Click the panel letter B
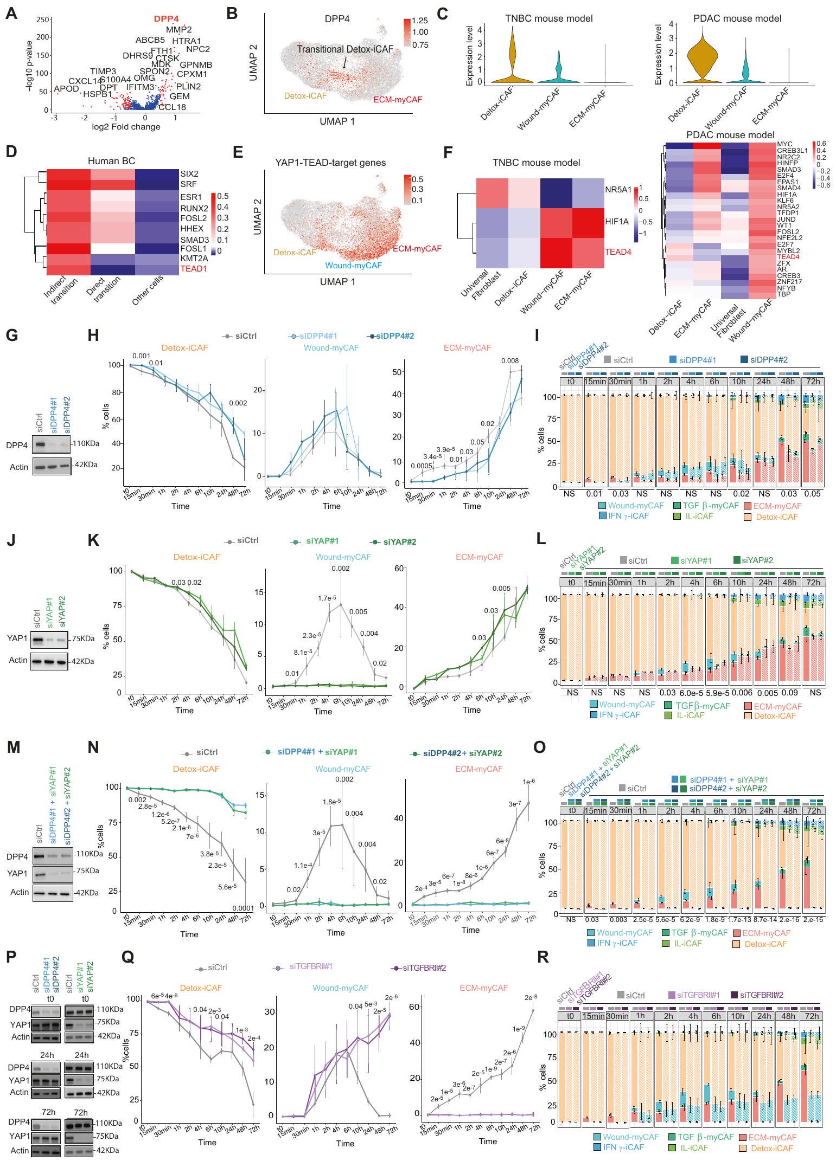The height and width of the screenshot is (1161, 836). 232,14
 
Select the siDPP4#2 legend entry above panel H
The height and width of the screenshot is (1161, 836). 394,336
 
